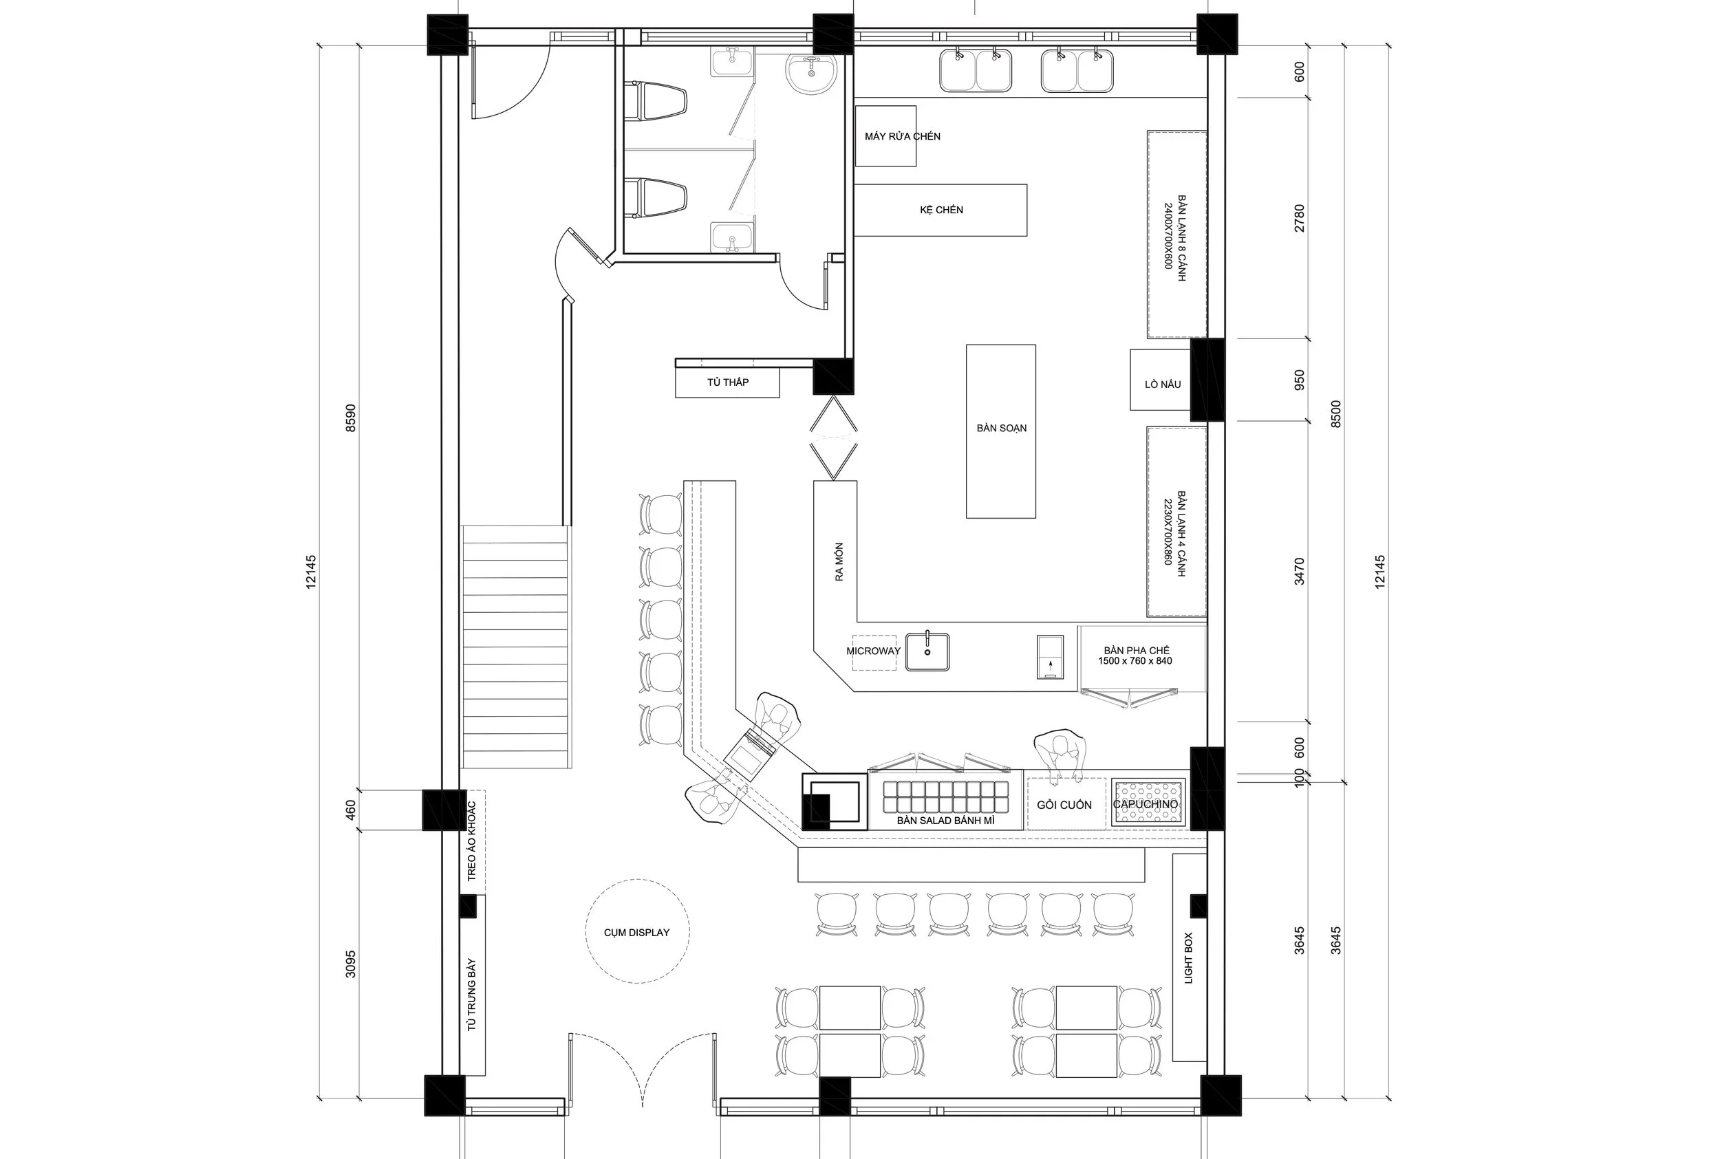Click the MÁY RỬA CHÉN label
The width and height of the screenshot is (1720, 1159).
902,136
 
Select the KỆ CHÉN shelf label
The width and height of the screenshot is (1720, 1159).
941,210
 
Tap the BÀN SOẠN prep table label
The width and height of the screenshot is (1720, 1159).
1001,428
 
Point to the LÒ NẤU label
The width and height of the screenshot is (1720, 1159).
1162,384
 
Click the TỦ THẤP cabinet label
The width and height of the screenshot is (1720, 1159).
727,382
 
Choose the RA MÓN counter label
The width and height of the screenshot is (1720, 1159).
839,562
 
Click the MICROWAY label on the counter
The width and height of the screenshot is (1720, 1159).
873,651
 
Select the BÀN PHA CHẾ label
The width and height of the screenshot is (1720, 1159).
1136,656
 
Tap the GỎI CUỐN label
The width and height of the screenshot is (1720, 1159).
1064,805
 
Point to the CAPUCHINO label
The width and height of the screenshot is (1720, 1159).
1145,804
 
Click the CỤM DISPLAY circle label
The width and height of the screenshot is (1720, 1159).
636,933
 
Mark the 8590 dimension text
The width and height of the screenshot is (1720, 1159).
350,418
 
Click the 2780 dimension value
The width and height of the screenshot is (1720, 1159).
1300,218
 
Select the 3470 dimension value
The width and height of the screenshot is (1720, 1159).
1300,572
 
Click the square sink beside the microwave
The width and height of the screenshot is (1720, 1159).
927,652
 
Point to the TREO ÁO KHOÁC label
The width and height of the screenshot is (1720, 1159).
471,841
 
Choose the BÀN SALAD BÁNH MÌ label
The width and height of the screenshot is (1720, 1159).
945,821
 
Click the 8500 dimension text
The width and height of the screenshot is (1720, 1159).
1335,415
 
